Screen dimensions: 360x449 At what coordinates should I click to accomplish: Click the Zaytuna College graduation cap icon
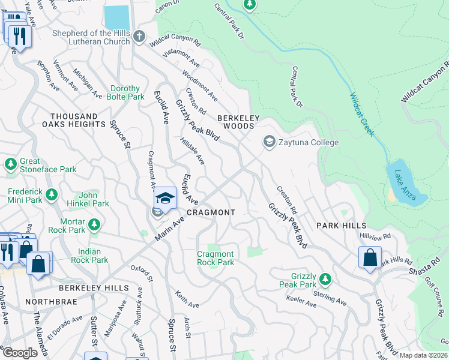click(269, 142)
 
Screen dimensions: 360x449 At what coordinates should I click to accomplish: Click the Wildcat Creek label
click(362, 115)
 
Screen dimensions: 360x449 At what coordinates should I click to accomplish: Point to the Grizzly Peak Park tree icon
click(325, 279)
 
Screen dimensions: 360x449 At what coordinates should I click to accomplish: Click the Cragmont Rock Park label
click(215, 259)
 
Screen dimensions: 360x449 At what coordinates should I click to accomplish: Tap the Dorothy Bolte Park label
click(127, 92)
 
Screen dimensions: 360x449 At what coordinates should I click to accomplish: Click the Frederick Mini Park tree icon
click(52, 194)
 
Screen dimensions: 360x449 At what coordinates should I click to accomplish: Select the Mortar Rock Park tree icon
click(94, 225)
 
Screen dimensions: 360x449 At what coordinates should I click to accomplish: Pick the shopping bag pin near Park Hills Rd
click(370, 258)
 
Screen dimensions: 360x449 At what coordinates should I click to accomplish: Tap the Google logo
click(20, 353)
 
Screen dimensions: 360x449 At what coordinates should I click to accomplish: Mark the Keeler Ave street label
click(301, 302)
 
